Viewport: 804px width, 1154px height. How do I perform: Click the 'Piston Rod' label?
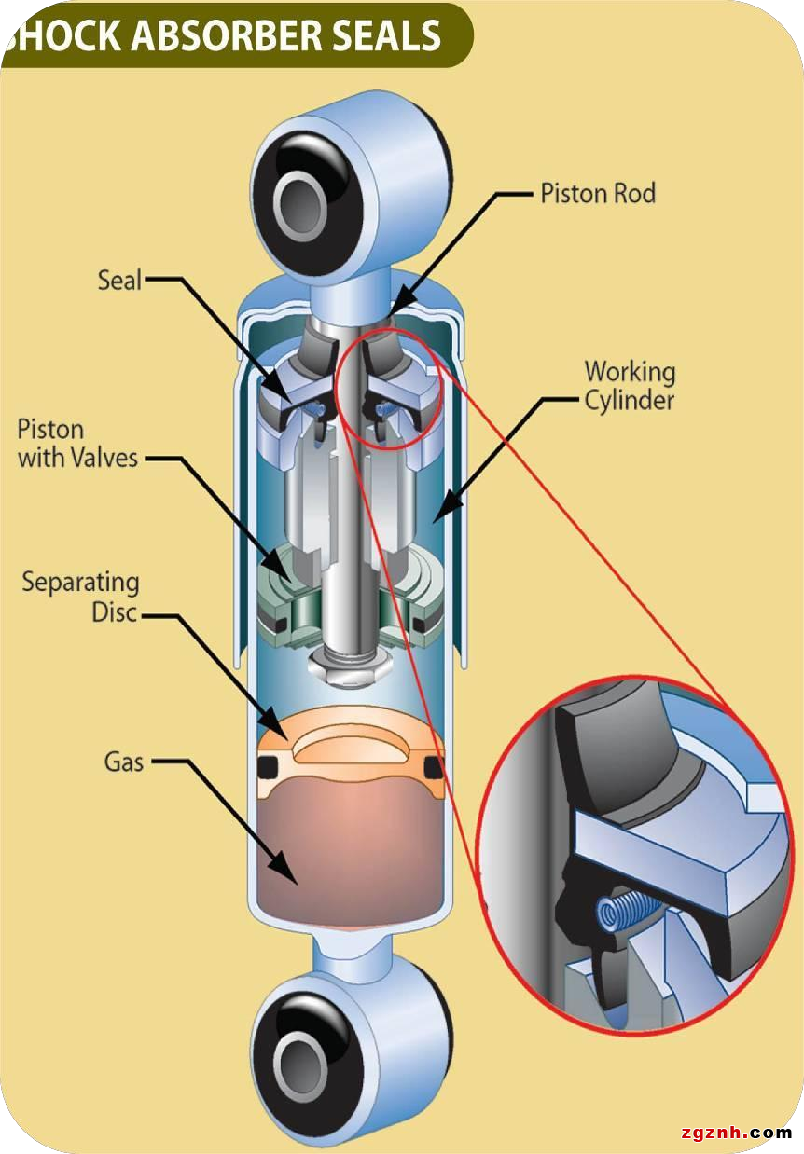coord(598,194)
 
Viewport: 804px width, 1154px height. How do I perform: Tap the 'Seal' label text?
coord(119,280)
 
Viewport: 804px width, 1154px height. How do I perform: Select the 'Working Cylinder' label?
coord(630,386)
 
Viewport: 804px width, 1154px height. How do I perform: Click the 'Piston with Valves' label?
coord(77,444)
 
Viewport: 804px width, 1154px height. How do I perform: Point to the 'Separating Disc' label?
coord(81,598)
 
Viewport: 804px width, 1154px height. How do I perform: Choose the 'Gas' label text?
coord(124,762)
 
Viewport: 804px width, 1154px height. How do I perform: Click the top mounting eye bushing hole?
coord(300,197)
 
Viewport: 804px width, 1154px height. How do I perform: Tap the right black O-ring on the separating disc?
coord(431,767)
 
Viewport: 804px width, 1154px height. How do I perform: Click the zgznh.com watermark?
coord(736,1133)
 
